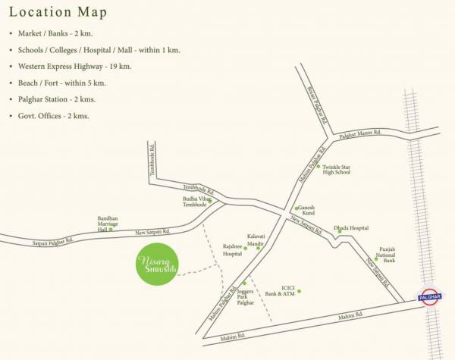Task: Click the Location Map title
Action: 58,13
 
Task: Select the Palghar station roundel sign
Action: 431,297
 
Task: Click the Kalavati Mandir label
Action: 256,240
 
